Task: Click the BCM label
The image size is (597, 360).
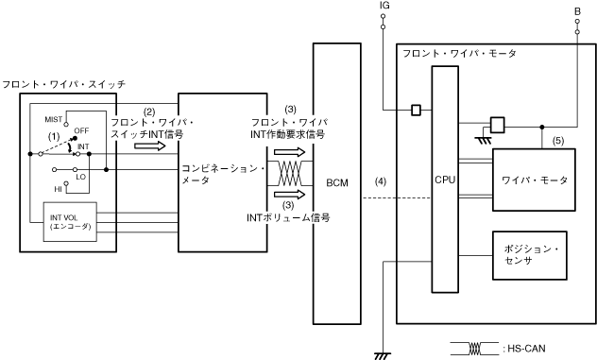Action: pos(337,183)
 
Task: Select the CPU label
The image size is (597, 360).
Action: pos(445,180)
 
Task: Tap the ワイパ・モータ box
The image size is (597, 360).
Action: pos(534,180)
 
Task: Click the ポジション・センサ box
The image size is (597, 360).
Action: pos(530,255)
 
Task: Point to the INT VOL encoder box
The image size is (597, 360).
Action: pos(70,222)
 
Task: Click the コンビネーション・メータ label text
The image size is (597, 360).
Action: pos(223,174)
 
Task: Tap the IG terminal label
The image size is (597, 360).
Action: pos(384,6)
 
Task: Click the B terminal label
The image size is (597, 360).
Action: pos(577,11)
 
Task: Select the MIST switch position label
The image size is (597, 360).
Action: pos(53,120)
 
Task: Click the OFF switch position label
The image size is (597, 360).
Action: pos(81,130)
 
